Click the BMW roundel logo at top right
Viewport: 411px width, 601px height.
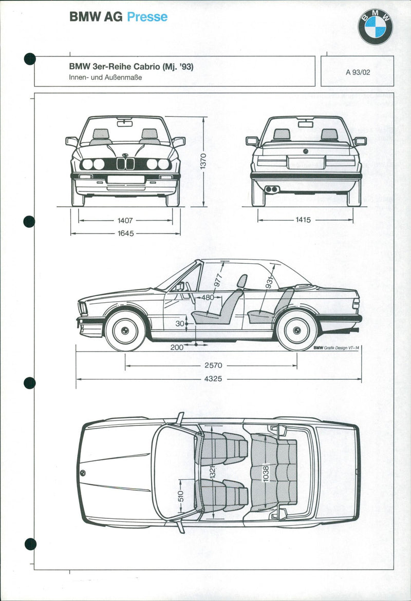[x=375, y=27]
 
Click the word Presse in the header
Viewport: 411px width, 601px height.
[x=147, y=17]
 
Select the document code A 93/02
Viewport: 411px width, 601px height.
[x=358, y=72]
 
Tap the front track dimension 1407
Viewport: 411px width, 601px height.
[x=125, y=221]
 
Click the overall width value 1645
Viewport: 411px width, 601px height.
[x=125, y=234]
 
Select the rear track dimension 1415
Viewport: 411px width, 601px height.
[x=303, y=220]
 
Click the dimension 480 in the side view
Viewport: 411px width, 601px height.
[x=208, y=297]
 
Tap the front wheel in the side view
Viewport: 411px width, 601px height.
[x=125, y=331]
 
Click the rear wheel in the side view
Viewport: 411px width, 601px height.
[x=297, y=331]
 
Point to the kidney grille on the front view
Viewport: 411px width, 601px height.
[x=125, y=164]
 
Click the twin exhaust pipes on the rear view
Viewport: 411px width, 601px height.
[x=272, y=189]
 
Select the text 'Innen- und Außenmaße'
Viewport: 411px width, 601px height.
[x=105, y=77]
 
